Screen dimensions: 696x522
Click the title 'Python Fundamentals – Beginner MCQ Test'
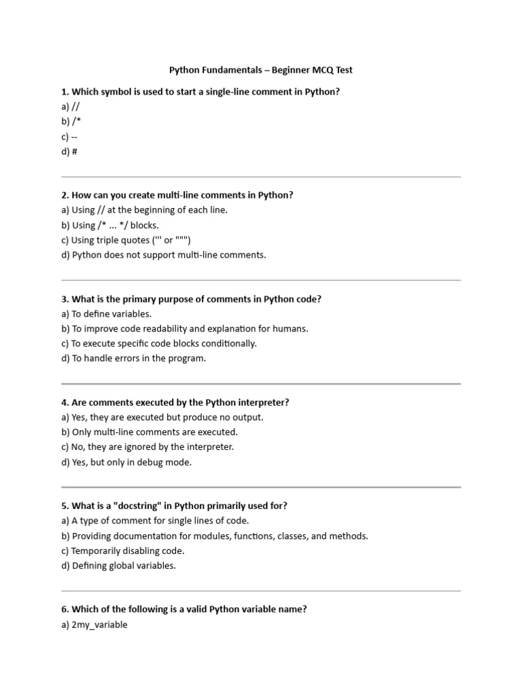(x=260, y=70)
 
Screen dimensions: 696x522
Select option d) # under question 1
(x=69, y=152)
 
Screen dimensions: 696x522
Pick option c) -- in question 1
(x=69, y=137)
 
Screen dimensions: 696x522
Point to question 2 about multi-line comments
(x=177, y=195)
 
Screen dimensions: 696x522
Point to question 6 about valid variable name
(x=184, y=610)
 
